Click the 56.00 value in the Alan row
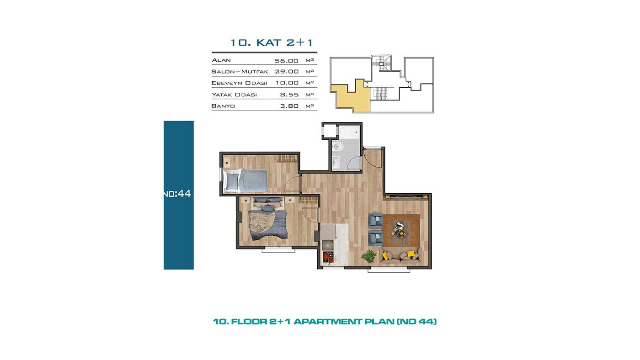[x=287, y=61]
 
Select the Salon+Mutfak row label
[x=240, y=71]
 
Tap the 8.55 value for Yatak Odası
[x=289, y=95]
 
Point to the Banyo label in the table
[x=223, y=106]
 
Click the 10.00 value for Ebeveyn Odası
[x=287, y=83]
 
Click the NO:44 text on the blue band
[x=177, y=194]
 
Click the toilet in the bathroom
[x=338, y=147]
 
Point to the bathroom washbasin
[x=336, y=162]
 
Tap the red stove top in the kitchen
[x=328, y=257]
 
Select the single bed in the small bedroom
[x=245, y=180]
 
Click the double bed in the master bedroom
[x=268, y=218]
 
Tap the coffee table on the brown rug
[x=398, y=229]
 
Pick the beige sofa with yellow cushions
[x=400, y=255]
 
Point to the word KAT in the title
[x=269, y=42]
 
